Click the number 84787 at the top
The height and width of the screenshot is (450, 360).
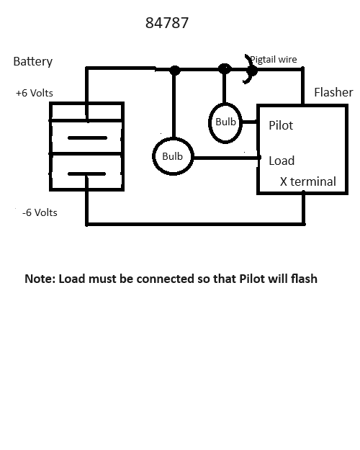(167, 23)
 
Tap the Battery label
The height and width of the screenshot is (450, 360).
(33, 61)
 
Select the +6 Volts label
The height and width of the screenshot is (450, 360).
(35, 93)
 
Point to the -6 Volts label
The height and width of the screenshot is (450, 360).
(40, 212)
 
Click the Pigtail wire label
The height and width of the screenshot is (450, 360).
(274, 60)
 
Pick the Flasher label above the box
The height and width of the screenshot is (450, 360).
(333, 92)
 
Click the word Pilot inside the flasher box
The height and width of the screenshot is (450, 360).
(281, 125)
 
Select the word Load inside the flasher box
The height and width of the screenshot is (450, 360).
(282, 161)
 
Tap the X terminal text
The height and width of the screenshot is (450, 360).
(308, 181)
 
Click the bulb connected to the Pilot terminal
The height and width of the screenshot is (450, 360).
(225, 103)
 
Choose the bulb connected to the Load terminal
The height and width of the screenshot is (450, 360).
(173, 138)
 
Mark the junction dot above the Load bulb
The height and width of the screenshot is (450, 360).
(175, 70)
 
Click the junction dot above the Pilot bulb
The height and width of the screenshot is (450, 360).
(225, 69)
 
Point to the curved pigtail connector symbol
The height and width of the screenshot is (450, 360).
(253, 69)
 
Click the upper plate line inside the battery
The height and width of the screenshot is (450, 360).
(87, 138)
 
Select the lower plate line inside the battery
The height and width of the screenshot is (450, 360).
(86, 174)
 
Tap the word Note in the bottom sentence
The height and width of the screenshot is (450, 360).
(40, 279)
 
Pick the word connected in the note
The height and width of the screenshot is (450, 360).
(165, 279)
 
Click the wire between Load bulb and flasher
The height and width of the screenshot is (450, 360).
(227, 158)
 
